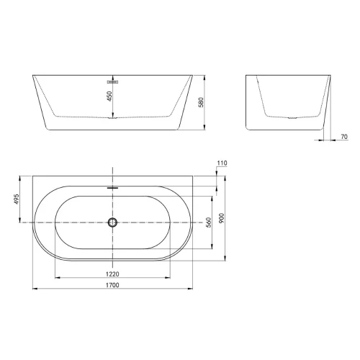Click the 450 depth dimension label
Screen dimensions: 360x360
click(x=109, y=96)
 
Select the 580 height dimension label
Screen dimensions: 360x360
click(x=201, y=102)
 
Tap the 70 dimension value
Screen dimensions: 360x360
click(x=344, y=137)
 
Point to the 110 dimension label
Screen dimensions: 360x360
click(x=222, y=163)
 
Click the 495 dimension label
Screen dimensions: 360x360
click(x=17, y=199)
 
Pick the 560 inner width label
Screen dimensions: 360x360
click(x=209, y=222)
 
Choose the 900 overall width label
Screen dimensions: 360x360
click(x=222, y=218)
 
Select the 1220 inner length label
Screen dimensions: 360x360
click(x=112, y=274)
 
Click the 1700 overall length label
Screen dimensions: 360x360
click(x=112, y=285)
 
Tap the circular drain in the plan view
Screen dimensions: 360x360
click(x=112, y=222)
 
